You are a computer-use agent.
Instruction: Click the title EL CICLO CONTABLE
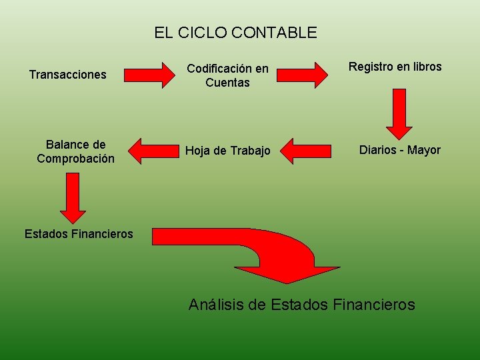(235, 32)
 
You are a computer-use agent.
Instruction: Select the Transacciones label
(67, 75)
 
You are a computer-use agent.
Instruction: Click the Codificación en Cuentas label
(227, 75)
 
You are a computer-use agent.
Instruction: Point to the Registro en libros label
(395, 67)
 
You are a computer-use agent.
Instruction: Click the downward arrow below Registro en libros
(399, 113)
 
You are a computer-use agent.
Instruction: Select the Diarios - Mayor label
(399, 150)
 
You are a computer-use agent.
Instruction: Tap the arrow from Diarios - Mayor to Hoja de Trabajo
(305, 151)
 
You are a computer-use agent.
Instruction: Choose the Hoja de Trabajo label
(227, 151)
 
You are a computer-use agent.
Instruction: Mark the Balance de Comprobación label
(75, 152)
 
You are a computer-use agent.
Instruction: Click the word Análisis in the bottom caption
(216, 305)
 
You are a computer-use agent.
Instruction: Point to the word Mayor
(424, 150)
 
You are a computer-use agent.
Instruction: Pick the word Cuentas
(227, 83)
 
